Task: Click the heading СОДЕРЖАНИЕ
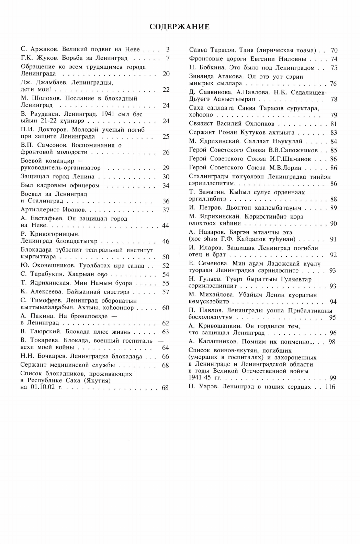coord(180,27)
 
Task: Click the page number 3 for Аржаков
coord(167,49)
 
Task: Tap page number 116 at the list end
coord(330,387)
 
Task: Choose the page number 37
coord(166,210)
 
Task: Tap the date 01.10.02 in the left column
coord(43,388)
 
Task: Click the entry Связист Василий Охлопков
coord(232,124)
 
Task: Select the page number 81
coord(334,124)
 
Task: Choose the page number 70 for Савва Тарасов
coord(334,51)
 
